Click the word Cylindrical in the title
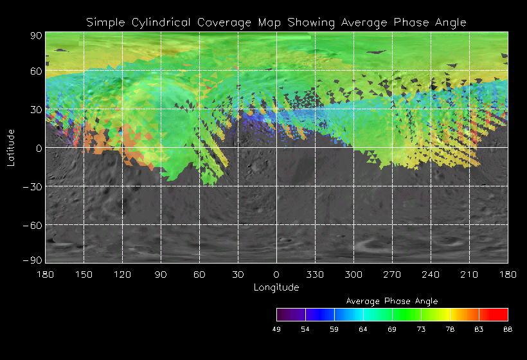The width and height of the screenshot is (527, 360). click(154, 22)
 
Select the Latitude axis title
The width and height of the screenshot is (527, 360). click(11, 147)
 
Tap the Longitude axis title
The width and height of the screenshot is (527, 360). click(276, 287)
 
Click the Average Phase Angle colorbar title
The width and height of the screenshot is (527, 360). click(392, 301)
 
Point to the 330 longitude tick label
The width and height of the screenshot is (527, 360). click(315, 274)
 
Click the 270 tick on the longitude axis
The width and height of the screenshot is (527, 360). click(392, 274)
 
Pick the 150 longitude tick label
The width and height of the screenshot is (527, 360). click(84, 274)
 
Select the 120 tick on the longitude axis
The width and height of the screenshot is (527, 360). click(122, 274)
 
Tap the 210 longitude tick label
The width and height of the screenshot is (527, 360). click(469, 274)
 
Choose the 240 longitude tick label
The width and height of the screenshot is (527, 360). click(431, 274)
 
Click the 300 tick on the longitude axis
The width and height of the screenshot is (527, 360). click(353, 274)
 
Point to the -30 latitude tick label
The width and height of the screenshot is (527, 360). click(33, 186)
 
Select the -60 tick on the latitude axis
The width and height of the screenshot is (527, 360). click(33, 225)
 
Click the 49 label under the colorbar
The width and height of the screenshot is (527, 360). click(276, 329)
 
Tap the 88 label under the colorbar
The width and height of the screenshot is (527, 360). click(508, 329)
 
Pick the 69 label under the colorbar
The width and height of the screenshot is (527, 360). click(392, 329)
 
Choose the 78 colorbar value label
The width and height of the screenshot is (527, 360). click(450, 329)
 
